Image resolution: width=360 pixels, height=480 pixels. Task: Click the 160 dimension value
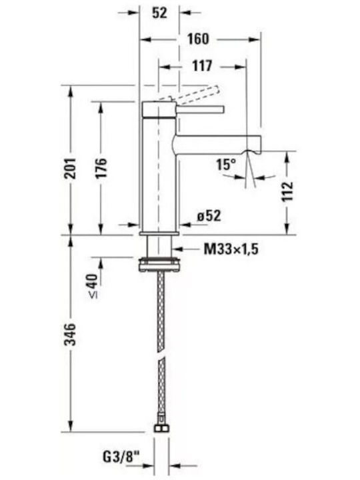(x=198, y=39)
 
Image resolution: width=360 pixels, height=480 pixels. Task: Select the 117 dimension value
(x=202, y=66)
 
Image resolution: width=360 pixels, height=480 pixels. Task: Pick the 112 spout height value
(x=287, y=191)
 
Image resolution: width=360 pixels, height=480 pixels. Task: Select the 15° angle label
(x=226, y=165)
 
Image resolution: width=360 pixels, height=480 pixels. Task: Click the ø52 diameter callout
(x=209, y=216)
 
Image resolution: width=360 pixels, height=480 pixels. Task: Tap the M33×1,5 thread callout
(x=231, y=249)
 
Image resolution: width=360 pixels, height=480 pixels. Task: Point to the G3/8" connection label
(x=121, y=457)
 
